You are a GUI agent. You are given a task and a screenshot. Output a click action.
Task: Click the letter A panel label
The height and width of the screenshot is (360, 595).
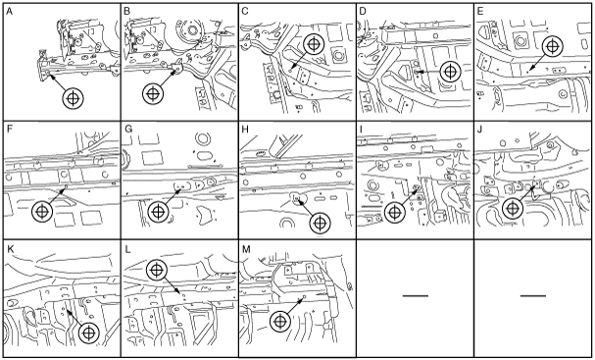[x=10, y=12]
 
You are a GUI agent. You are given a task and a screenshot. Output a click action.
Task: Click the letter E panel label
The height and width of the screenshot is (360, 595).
[x=480, y=12]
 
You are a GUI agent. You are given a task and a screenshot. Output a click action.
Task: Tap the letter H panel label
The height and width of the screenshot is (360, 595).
[x=245, y=129]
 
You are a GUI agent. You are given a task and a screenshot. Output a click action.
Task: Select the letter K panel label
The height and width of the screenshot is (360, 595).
[x=10, y=249]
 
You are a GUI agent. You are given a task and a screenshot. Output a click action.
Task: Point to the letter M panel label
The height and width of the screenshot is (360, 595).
[x=246, y=249]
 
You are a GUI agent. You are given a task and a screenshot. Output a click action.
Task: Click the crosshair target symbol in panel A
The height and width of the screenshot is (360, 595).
[x=73, y=99]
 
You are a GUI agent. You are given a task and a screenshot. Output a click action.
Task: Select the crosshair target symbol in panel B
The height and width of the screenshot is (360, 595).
[x=153, y=93]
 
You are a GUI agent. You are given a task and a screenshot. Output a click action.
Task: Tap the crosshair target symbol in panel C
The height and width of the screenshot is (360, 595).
[x=314, y=44]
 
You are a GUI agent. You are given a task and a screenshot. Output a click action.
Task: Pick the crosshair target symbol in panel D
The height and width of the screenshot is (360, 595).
[x=451, y=72]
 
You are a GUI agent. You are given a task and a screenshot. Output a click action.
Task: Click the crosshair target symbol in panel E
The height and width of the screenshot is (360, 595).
[x=553, y=46]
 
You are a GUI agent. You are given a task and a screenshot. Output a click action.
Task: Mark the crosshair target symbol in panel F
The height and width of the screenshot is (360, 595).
[x=42, y=212]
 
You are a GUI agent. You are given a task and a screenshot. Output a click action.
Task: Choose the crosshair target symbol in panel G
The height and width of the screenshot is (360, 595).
[x=158, y=212]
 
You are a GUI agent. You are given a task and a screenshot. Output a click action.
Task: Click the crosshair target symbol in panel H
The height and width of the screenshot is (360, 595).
[x=321, y=224]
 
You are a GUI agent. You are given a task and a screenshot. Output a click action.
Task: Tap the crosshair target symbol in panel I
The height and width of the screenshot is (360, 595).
[x=395, y=212]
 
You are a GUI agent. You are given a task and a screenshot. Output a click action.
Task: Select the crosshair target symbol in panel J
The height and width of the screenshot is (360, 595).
[x=513, y=209]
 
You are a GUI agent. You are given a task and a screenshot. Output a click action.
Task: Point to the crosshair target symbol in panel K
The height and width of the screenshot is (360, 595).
[x=89, y=334]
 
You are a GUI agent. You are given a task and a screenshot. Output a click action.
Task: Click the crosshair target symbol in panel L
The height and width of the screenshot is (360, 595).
[x=157, y=270]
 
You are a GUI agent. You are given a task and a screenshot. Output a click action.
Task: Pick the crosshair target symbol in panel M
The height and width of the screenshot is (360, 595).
[x=280, y=322]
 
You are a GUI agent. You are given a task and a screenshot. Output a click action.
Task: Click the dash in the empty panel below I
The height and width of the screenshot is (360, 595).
[x=416, y=295]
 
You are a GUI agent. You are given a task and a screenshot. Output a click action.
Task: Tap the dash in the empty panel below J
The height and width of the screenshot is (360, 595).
[x=533, y=295]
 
